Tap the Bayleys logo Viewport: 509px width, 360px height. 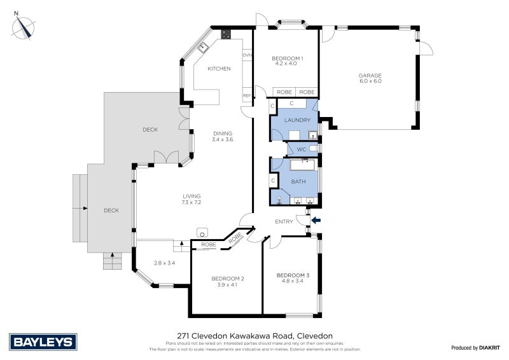[42, 342]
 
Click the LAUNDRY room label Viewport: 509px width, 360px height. [297, 120]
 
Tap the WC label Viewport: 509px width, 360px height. [302, 149]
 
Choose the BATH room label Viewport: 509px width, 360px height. [298, 182]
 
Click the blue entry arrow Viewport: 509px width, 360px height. [316, 221]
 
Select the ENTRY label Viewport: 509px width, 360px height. [284, 222]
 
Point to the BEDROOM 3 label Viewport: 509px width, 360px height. [293, 275]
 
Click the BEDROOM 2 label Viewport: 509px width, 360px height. [227, 279]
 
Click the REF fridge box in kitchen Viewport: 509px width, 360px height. [247, 96]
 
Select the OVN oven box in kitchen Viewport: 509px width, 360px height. [247, 55]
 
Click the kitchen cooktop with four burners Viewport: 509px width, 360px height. [225, 34]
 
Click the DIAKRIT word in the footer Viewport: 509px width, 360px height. [489, 348]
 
